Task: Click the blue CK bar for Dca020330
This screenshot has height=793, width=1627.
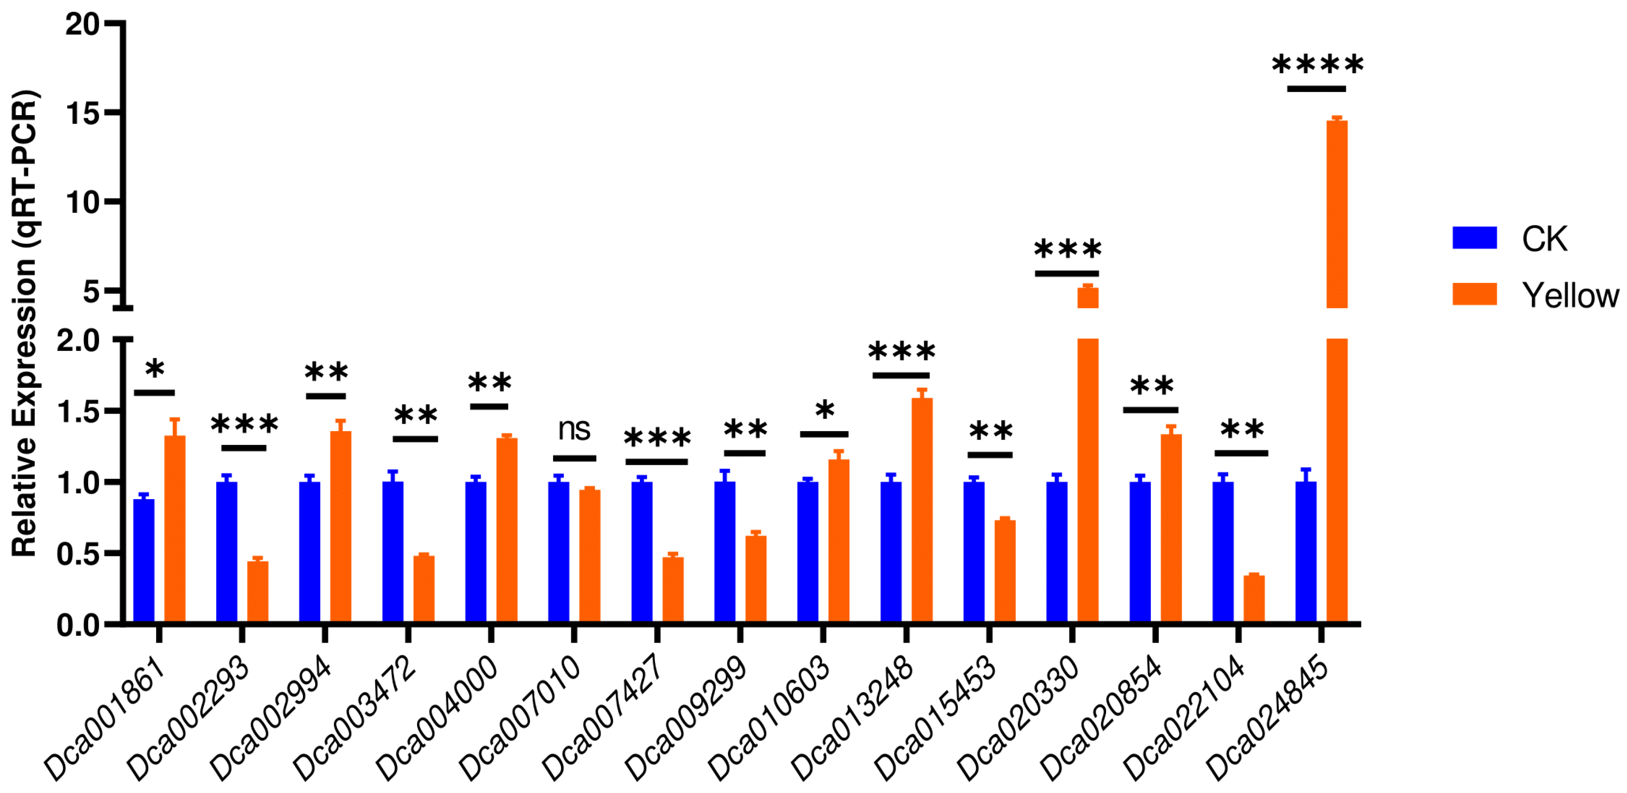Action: tap(1057, 552)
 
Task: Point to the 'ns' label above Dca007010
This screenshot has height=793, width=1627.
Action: tap(574, 430)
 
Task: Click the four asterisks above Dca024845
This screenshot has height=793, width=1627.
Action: tap(1317, 65)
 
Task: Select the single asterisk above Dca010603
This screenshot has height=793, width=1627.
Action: tap(825, 411)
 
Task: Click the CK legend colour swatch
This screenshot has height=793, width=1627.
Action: tap(1474, 237)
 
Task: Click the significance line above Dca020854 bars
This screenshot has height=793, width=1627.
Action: tap(1150, 410)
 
